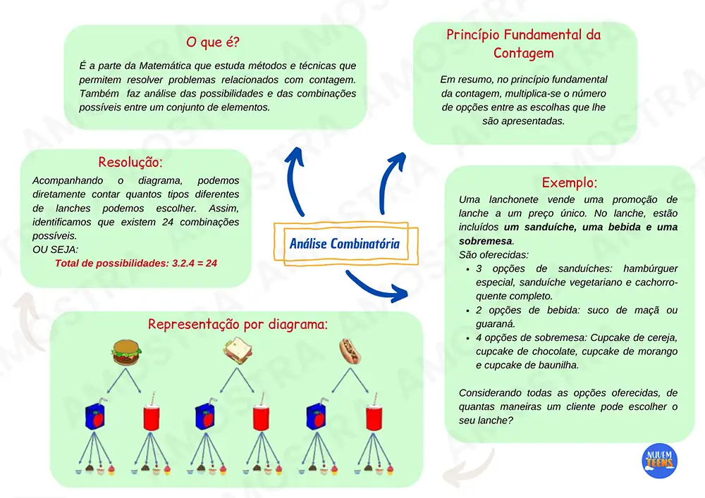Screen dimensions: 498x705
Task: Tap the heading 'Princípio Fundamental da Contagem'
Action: tap(523, 44)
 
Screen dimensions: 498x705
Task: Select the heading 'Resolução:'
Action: tap(131, 162)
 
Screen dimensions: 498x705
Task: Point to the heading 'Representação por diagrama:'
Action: tap(238, 325)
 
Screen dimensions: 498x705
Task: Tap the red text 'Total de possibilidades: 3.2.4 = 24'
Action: tap(135, 263)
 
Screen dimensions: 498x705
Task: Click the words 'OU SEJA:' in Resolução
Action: tap(56, 249)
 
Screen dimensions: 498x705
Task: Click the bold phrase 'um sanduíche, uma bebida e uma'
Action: tap(591, 228)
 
